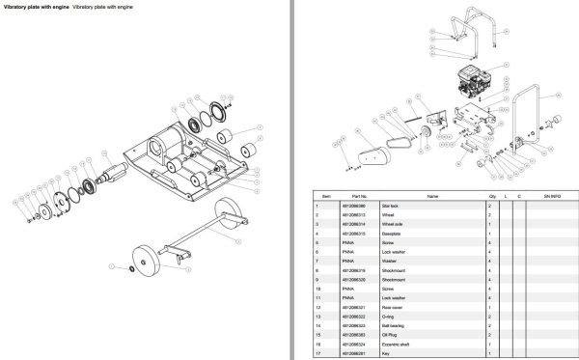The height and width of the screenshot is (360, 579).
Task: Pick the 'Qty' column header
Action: (x=490, y=197)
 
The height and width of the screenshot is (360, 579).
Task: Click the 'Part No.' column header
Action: (x=350, y=197)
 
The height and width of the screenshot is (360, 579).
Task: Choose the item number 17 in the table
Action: (x=317, y=351)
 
